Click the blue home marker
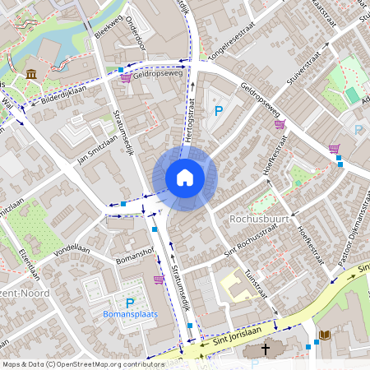point(185,178)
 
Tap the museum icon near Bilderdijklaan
point(31,75)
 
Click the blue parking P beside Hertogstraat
point(219,111)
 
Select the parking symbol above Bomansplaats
point(129,303)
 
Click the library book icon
point(324,335)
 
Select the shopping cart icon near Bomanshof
point(159,280)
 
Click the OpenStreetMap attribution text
point(83,364)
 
